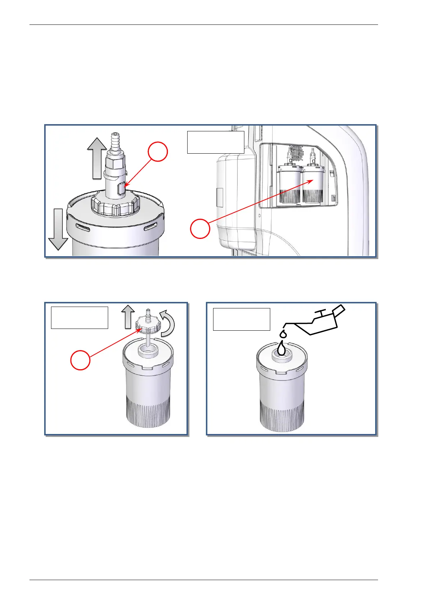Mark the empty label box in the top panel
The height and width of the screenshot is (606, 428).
tap(216, 142)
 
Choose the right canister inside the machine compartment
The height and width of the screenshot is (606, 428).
tap(313, 185)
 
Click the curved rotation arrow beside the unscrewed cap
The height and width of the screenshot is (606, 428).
tap(167, 326)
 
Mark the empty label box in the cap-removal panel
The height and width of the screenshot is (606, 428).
tap(79, 317)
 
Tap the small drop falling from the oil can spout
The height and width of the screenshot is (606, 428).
tap(284, 334)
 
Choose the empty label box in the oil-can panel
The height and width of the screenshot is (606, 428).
tap(241, 319)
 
